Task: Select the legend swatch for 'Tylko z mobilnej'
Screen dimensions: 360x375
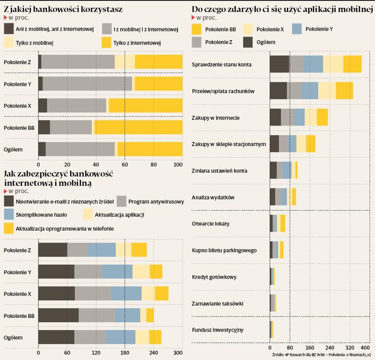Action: point(9,43)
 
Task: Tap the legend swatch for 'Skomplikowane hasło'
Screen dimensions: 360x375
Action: point(9,214)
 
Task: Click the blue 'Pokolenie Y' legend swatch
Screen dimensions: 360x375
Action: point(297,29)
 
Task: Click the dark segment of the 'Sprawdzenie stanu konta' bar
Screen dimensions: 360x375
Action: point(279,64)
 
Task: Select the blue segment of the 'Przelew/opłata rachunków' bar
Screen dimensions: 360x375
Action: point(310,90)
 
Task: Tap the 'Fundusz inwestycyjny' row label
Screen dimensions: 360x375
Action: point(217,330)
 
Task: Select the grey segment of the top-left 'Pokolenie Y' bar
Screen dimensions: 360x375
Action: point(87,84)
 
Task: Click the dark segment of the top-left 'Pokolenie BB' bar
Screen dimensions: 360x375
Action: point(44,128)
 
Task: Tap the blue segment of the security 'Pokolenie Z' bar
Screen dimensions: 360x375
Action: point(102,250)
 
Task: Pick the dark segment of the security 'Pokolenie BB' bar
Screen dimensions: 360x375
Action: point(58,315)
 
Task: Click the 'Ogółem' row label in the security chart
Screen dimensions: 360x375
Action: point(13,337)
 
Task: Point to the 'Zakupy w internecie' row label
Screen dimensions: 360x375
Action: point(216,118)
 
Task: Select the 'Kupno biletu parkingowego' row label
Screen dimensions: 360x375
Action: point(224,250)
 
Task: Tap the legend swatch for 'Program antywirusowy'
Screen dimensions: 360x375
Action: point(121,201)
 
